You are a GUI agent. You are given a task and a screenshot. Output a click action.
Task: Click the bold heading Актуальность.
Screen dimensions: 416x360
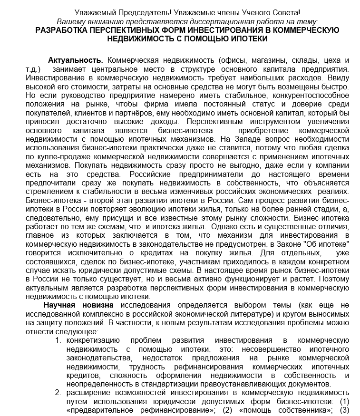(x=76, y=60)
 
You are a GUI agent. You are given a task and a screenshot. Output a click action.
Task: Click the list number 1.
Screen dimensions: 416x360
(x=58, y=340)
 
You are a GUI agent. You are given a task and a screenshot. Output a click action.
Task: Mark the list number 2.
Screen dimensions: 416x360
(x=58, y=393)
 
